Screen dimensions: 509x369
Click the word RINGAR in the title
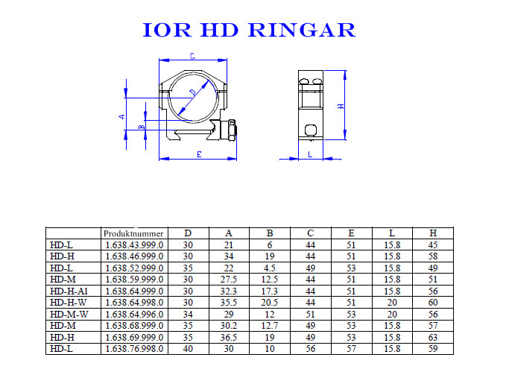(302, 30)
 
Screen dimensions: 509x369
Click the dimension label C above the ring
(192, 56)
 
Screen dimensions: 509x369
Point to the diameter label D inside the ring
(194, 93)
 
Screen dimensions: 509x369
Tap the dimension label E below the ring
(199, 154)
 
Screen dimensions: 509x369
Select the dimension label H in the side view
(341, 106)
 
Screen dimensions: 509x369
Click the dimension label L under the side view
(310, 154)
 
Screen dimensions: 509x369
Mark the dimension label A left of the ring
(121, 116)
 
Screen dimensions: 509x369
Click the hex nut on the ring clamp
(232, 130)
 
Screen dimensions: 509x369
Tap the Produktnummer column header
(133, 233)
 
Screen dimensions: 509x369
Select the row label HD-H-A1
(69, 291)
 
